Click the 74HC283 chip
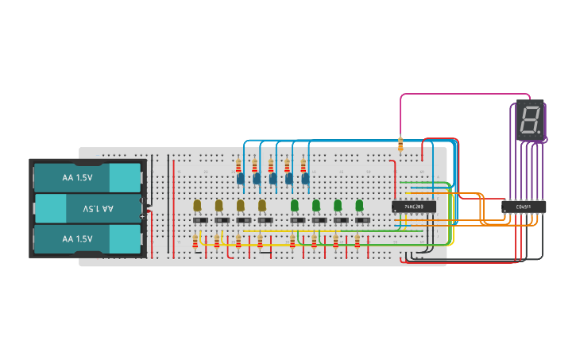click(x=413, y=207)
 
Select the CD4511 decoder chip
click(x=524, y=207)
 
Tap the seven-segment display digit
click(x=529, y=120)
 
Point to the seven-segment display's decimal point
click(x=540, y=132)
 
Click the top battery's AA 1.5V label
click(x=78, y=178)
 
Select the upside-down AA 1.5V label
click(x=99, y=208)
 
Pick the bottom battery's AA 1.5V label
click(x=78, y=238)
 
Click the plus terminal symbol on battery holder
click(x=143, y=216)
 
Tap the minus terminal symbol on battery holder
click(x=143, y=200)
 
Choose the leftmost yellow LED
click(x=197, y=205)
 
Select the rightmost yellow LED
click(x=262, y=205)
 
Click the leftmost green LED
click(x=295, y=205)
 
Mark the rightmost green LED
click(x=359, y=205)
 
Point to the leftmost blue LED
click(x=240, y=180)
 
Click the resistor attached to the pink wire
click(x=400, y=144)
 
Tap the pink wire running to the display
click(x=461, y=95)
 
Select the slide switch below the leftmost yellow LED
click(x=200, y=220)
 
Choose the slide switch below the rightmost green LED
click(x=362, y=220)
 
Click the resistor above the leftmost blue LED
click(x=238, y=165)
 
